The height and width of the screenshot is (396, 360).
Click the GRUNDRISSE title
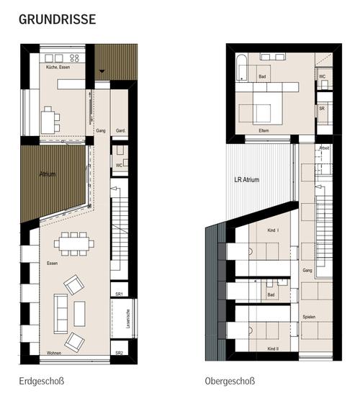57,19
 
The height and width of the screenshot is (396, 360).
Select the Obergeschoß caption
230,380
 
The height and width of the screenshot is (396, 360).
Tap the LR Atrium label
246,180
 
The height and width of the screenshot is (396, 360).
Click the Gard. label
121,131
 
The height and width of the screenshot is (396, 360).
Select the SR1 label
120,294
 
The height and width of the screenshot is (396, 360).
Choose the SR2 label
120,354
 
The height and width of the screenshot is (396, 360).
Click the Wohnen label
54,354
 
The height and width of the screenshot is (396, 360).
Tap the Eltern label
264,130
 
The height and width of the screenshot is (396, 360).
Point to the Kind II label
273,348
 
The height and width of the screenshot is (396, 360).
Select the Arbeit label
324,148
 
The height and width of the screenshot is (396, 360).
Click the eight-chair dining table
73,243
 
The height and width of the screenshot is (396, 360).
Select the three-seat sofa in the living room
60,311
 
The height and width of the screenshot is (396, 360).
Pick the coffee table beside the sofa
79,312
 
